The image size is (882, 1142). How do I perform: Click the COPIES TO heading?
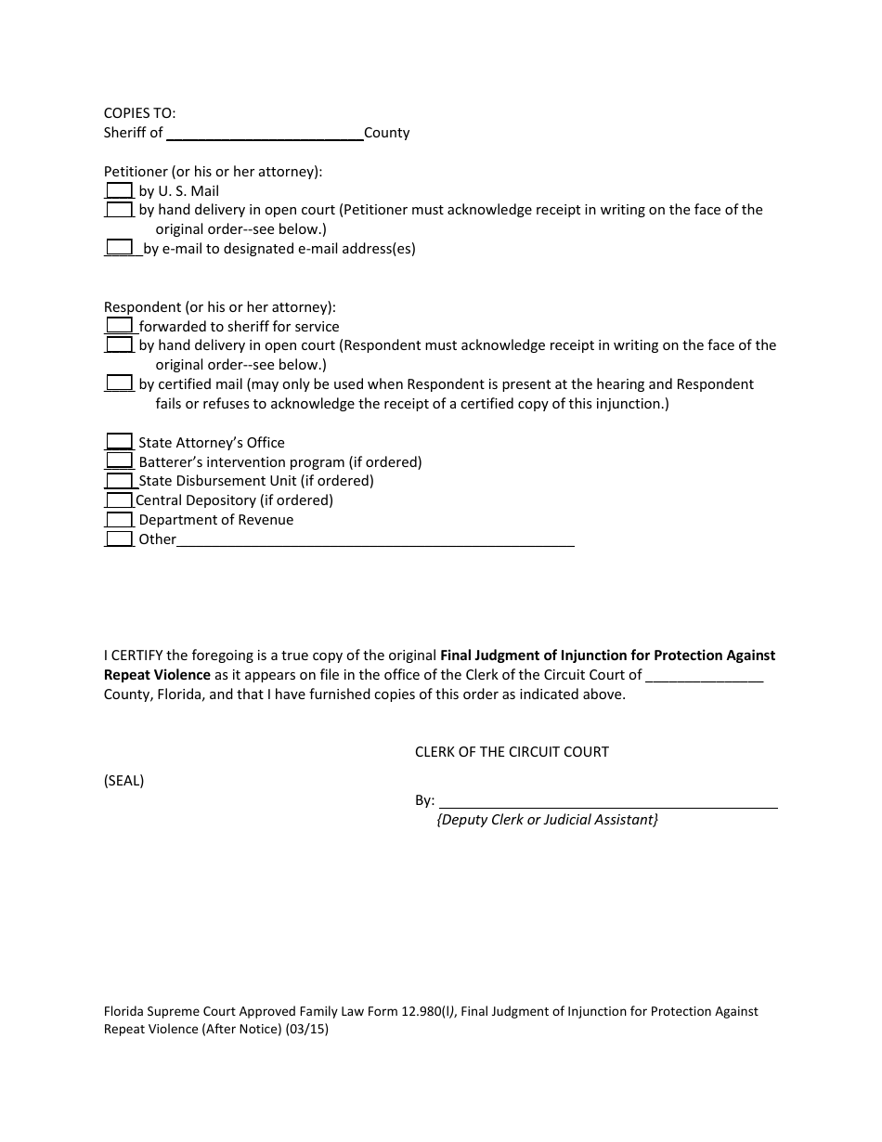(x=139, y=113)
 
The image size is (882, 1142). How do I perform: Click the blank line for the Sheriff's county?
(x=265, y=133)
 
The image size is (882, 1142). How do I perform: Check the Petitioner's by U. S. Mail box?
(x=119, y=190)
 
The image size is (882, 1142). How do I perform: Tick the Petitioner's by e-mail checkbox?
(x=119, y=248)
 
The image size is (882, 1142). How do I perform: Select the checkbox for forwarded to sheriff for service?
(x=119, y=326)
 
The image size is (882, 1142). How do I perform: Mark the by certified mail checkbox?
(x=119, y=383)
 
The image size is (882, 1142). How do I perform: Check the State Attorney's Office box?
(x=119, y=442)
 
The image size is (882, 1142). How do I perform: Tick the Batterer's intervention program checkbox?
(x=119, y=461)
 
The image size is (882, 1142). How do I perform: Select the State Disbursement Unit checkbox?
(x=119, y=481)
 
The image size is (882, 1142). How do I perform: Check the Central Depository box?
(x=119, y=500)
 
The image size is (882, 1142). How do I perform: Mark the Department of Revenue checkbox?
(x=119, y=520)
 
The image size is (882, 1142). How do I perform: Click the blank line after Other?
(x=375, y=539)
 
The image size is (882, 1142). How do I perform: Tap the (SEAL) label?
(x=123, y=781)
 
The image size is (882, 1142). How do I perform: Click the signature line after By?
(x=607, y=800)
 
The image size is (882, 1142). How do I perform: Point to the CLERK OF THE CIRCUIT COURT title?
(x=512, y=752)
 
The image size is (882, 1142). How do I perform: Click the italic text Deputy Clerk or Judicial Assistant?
(x=547, y=820)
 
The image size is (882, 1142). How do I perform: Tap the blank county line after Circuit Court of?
(x=704, y=675)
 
